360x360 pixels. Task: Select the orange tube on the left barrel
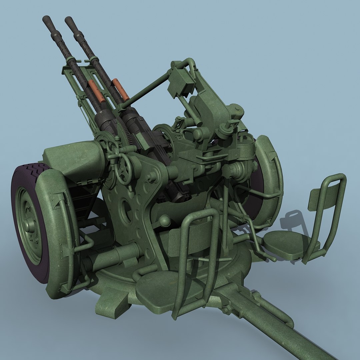tap(96, 91)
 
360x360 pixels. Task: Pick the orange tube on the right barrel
tap(120, 89)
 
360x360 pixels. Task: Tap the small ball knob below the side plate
tap(165, 221)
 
